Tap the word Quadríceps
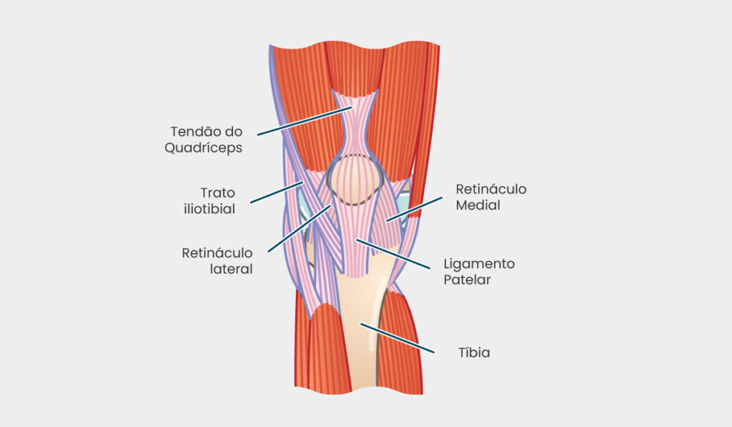pyautogui.click(x=204, y=148)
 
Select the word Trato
pyautogui.click(x=217, y=193)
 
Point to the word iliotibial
pyautogui.click(x=209, y=209)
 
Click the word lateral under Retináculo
pyautogui.click(x=231, y=269)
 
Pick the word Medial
pyautogui.click(x=478, y=205)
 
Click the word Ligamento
pyautogui.click(x=479, y=265)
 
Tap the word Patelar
pyautogui.click(x=467, y=280)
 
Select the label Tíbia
pyautogui.click(x=474, y=352)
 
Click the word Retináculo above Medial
pyautogui.click(x=491, y=190)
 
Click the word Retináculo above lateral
pyautogui.click(x=217, y=253)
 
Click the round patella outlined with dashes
pyautogui.click(x=355, y=180)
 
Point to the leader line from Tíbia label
pyautogui.click(x=397, y=338)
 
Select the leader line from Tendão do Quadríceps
pyautogui.click(x=305, y=121)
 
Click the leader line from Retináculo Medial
pyautogui.click(x=414, y=209)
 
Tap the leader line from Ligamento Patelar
pyautogui.click(x=393, y=254)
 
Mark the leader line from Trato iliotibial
pyautogui.click(x=277, y=192)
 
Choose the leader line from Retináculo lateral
pyautogui.click(x=300, y=228)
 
